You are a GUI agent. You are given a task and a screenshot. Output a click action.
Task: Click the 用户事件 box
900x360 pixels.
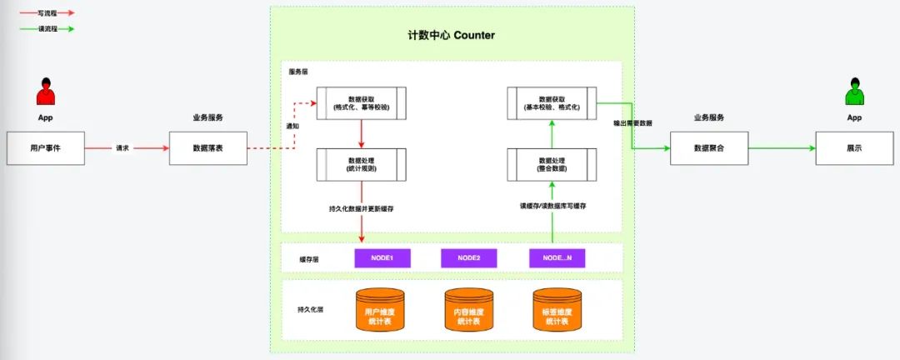(46, 147)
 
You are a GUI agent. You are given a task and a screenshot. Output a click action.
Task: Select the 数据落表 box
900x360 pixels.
(207, 147)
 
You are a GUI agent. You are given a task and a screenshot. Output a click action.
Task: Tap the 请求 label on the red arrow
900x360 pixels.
(122, 148)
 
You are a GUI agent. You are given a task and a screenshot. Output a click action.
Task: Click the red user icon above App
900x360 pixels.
(46, 92)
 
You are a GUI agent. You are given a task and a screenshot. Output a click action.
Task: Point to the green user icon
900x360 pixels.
(854, 92)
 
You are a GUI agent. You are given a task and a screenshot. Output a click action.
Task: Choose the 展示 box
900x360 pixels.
(854, 147)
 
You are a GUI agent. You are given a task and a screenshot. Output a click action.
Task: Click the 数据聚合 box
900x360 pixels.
(708, 147)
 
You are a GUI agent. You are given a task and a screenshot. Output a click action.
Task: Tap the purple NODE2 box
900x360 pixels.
(469, 258)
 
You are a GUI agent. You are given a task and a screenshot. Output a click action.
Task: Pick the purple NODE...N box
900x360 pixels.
(557, 258)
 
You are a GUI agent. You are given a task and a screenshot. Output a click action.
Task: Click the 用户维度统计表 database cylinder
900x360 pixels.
(379, 309)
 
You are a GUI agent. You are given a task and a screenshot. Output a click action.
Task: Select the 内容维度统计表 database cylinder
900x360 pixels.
(469, 309)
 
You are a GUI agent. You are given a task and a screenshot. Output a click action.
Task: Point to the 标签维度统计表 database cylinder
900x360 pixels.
(557, 309)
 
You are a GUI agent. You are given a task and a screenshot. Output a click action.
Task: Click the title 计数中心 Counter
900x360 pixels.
(450, 35)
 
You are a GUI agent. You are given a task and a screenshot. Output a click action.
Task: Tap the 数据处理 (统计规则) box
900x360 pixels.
(362, 163)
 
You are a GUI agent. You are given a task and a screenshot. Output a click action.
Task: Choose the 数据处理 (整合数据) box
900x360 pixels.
(552, 163)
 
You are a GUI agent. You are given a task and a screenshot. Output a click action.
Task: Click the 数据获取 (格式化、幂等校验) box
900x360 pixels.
(362, 102)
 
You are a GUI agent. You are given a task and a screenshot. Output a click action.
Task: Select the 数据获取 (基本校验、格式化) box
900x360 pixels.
(552, 102)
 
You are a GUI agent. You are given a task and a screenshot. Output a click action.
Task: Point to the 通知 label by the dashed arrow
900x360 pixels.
(292, 126)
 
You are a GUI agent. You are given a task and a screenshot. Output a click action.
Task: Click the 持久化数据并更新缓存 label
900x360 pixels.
(362, 207)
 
